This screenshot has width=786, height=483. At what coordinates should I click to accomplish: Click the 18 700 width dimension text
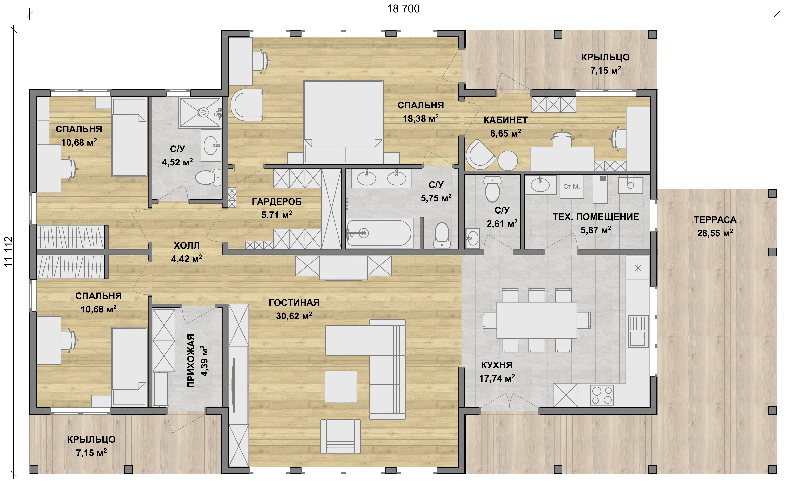(403, 9)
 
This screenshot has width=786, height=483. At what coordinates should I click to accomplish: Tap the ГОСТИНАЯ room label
(294, 302)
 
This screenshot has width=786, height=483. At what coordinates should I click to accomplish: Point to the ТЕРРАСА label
(715, 220)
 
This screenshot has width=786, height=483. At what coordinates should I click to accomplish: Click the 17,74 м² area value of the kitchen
(497, 378)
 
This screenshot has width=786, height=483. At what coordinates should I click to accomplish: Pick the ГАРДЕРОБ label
(277, 201)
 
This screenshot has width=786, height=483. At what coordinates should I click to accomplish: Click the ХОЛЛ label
(187, 245)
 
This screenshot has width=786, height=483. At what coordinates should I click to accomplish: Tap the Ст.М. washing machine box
(572, 187)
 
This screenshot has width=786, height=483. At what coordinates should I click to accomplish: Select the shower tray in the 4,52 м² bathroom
(200, 113)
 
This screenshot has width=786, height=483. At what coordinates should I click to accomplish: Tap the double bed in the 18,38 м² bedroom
(343, 121)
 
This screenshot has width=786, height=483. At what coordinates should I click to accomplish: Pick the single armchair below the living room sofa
(341, 436)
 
